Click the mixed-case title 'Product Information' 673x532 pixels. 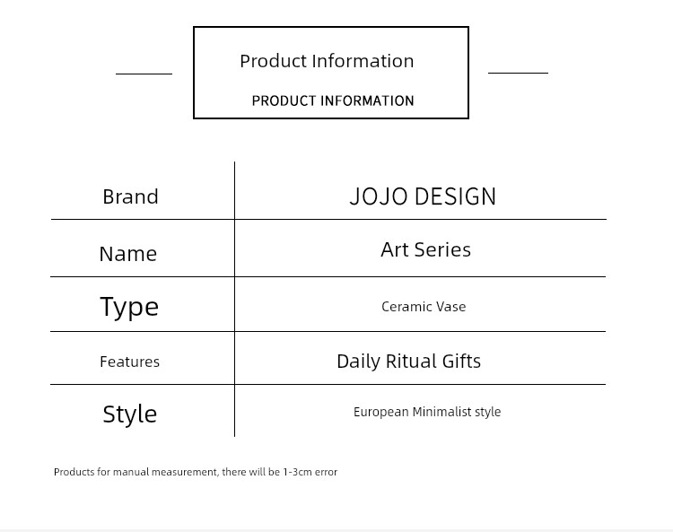coord(327,61)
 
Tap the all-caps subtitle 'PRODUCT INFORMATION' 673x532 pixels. coord(333,100)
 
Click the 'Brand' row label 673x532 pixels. coord(130,197)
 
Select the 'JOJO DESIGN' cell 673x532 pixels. coord(423,196)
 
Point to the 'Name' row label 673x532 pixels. coord(128,254)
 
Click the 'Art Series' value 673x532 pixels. coord(425,249)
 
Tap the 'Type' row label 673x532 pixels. coord(129,307)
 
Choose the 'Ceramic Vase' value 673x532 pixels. coord(424,307)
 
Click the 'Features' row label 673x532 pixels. coord(129,362)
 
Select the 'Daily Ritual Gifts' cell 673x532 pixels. coord(408,362)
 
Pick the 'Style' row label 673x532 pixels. coord(129,414)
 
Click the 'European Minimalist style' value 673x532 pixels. coord(427,412)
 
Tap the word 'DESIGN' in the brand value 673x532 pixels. coord(455,196)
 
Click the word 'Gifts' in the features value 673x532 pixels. coord(461,362)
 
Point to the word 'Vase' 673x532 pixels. coord(450,307)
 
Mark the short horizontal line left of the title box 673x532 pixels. coord(144,74)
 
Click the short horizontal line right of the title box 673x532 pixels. coord(518,73)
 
